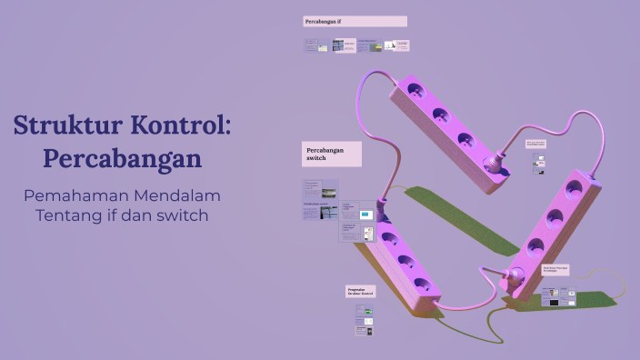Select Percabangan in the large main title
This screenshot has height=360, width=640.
click(122, 158)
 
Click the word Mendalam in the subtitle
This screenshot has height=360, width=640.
click(178, 195)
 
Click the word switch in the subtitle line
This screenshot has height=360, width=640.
click(183, 215)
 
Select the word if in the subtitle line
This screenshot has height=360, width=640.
click(114, 215)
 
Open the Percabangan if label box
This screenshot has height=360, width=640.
click(355, 21)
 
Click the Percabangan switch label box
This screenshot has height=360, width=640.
click(331, 154)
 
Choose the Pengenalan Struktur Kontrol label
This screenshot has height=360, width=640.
click(360, 291)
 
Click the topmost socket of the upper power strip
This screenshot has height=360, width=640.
click(416, 91)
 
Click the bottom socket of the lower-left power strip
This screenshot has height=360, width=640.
click(422, 285)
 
